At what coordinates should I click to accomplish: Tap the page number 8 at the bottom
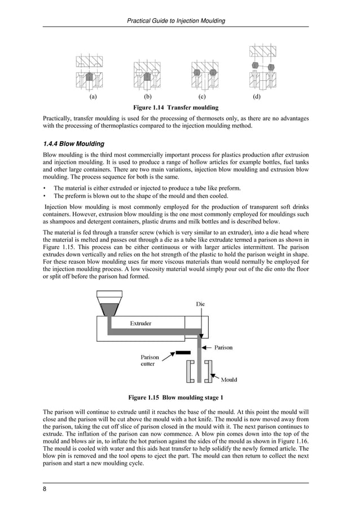(45, 489)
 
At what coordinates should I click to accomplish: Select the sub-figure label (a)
(93, 97)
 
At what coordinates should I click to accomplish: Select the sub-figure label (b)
(148, 97)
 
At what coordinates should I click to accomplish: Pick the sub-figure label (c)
(202, 97)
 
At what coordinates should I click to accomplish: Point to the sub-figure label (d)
(257, 97)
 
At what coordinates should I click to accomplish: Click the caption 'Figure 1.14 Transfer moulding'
(175, 107)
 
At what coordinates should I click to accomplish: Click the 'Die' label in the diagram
(200, 304)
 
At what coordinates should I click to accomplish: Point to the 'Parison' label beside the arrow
(223, 347)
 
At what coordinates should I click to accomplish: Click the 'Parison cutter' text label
(150, 360)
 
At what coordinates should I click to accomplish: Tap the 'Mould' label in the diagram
(229, 380)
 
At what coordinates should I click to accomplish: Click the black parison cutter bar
(183, 352)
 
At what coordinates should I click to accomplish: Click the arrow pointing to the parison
(208, 347)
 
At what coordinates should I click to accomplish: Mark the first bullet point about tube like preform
(139, 188)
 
